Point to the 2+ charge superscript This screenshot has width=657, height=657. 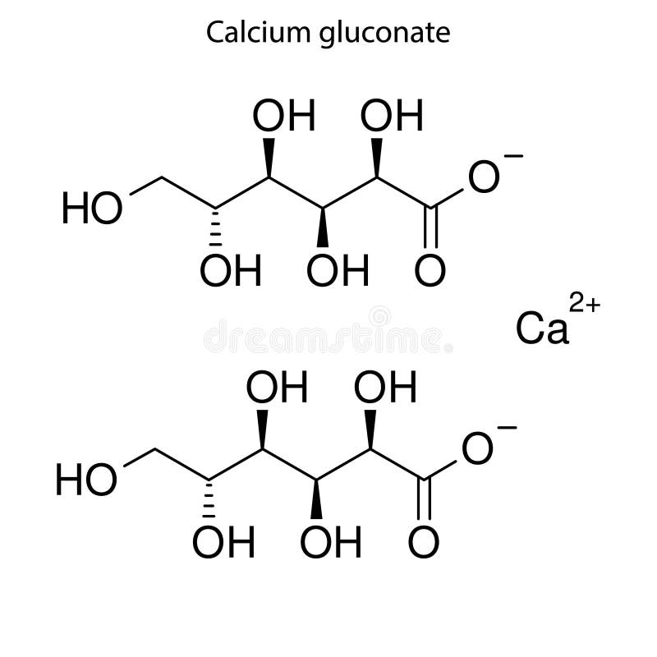(x=586, y=306)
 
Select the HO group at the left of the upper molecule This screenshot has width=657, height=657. (x=92, y=209)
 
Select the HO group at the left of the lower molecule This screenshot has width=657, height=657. (x=85, y=480)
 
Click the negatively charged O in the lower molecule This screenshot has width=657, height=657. (x=477, y=450)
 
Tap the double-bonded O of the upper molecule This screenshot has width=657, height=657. (x=430, y=271)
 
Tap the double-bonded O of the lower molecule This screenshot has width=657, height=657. (x=423, y=542)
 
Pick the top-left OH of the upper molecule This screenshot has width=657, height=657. (x=283, y=117)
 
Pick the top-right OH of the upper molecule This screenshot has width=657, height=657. (x=392, y=117)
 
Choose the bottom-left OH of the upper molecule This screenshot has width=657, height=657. (x=231, y=271)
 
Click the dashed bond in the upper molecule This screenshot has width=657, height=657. (x=216, y=227)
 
